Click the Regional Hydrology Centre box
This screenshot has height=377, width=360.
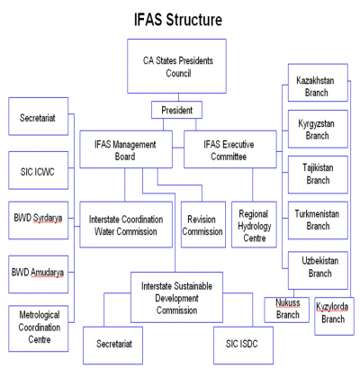pyautogui.click(x=252, y=224)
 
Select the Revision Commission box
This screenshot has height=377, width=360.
pyautogui.click(x=202, y=224)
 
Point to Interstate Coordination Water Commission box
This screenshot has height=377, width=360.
pyautogui.click(x=123, y=224)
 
